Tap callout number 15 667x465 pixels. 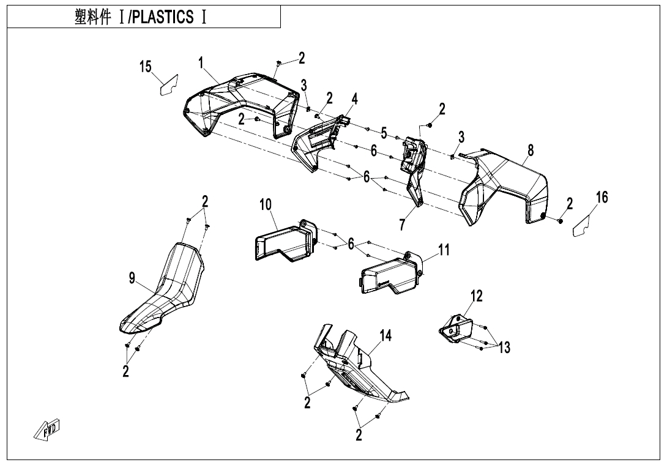[x=146, y=67]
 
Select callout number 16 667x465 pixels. [x=602, y=197]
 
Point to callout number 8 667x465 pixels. [x=531, y=150]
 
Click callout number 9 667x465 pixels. [x=132, y=278]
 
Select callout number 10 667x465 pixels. [x=266, y=204]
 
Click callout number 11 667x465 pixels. [x=444, y=250]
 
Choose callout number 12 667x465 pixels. [x=476, y=296]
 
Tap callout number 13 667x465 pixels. [x=504, y=348]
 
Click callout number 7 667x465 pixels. [x=402, y=225]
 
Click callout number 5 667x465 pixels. [x=384, y=133]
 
